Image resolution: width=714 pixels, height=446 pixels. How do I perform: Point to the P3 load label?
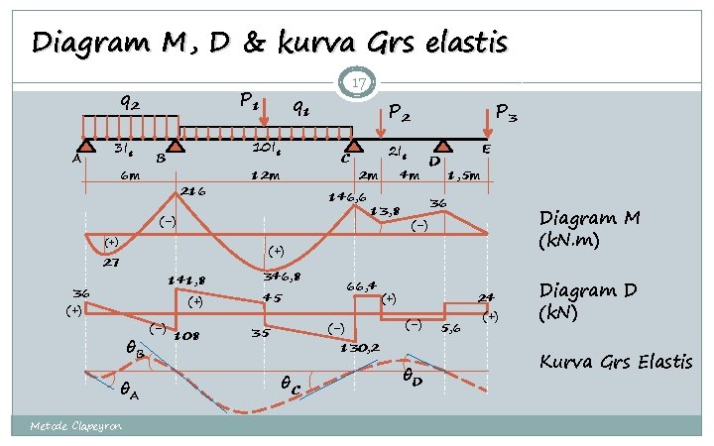tap(506, 115)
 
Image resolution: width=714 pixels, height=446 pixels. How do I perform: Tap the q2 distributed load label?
tap(129, 101)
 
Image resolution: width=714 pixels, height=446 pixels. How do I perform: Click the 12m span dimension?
tap(265, 175)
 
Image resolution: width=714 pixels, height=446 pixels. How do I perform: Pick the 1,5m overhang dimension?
tap(465, 175)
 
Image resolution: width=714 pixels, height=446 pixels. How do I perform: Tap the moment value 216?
tap(191, 191)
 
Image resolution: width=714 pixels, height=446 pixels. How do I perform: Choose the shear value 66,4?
tap(363, 285)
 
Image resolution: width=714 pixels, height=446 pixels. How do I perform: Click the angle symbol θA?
tap(128, 391)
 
